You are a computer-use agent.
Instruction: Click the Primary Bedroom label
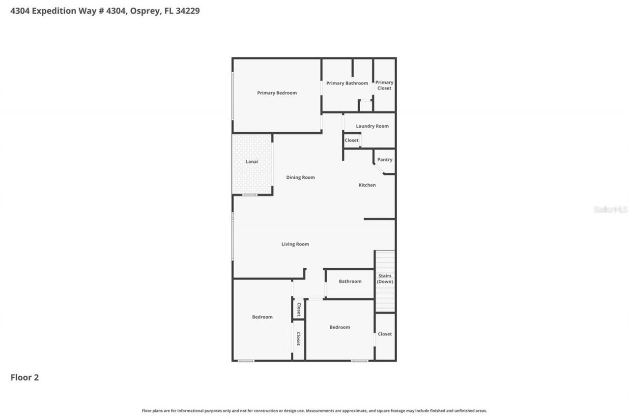(277, 93)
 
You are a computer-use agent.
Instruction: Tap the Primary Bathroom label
(347, 83)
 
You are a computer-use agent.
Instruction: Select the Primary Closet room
(384, 85)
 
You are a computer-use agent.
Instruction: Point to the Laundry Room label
(372, 126)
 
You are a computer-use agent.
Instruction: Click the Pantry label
(385, 160)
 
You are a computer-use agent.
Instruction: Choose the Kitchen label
(367, 185)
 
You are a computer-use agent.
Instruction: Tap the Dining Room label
(300, 177)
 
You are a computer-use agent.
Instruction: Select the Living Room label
(295, 244)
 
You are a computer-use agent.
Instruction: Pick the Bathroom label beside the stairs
(350, 281)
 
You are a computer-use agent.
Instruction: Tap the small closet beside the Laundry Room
(351, 140)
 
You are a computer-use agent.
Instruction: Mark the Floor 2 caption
(25, 377)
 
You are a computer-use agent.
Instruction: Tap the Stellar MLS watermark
(610, 209)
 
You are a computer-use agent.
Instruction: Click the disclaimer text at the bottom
(314, 411)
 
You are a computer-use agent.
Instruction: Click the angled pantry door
(378, 168)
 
